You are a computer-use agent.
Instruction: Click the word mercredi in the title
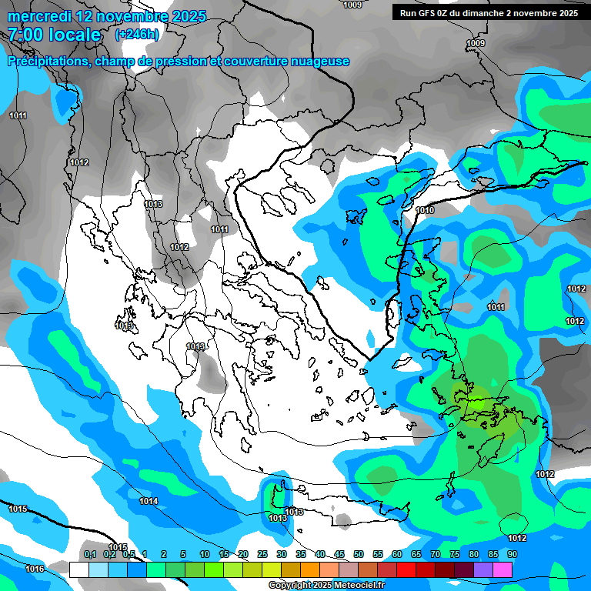coord(39,16)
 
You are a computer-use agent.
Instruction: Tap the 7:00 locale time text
coord(54,35)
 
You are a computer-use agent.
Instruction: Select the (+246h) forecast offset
coord(137,34)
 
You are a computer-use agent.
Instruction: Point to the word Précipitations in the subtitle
coord(48,62)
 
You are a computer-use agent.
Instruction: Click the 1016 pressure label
coord(35,569)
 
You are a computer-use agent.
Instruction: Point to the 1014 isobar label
coord(149,502)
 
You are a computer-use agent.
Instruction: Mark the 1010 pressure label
coord(425,210)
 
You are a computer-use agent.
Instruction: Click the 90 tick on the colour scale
coord(513,554)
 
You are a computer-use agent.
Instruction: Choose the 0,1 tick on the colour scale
coord(89,554)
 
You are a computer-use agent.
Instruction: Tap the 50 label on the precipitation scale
coord(359,554)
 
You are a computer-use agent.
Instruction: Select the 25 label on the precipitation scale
coord(262,554)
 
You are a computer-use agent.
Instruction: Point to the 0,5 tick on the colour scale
coord(128,554)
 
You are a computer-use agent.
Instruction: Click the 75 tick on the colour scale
coord(455,554)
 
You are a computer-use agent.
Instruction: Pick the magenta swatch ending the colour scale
coord(503,569)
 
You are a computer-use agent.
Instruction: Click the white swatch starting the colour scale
coord(78,569)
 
